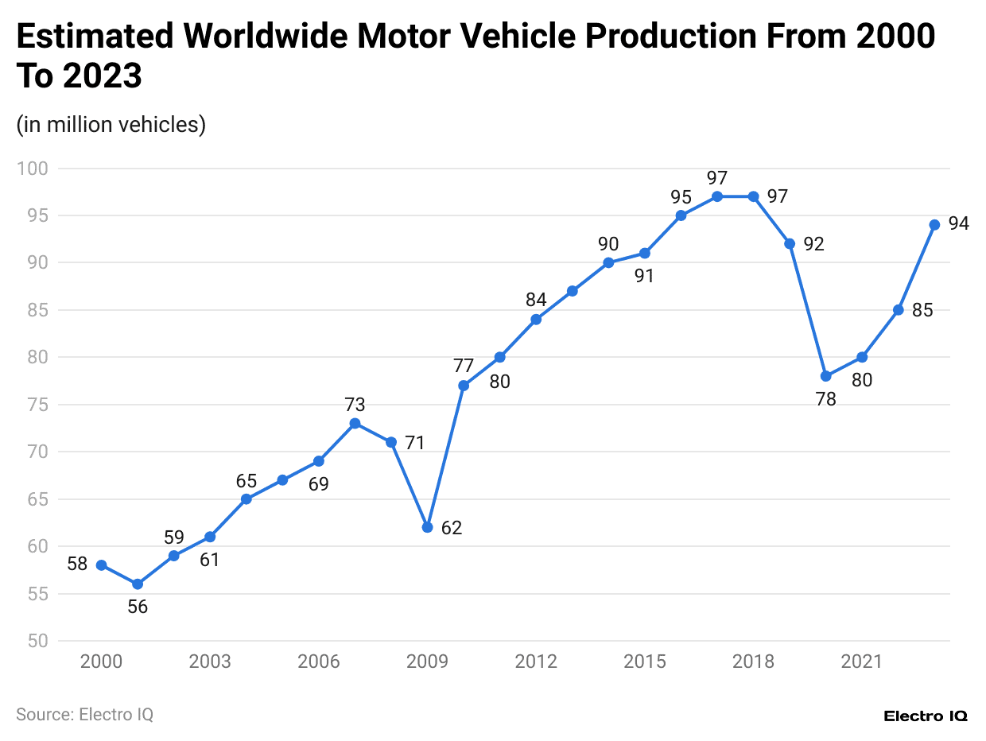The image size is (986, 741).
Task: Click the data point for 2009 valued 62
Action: click(427, 527)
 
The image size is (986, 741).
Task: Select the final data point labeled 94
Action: click(934, 225)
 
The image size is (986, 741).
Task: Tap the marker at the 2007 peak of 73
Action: click(355, 423)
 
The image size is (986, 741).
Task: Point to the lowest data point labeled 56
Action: click(138, 584)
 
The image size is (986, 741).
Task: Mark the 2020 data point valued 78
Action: click(825, 376)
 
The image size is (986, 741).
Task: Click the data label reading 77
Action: click(464, 366)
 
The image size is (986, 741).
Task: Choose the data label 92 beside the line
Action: click(813, 244)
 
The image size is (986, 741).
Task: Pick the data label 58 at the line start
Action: click(77, 565)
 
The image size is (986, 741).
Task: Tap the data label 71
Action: click(414, 443)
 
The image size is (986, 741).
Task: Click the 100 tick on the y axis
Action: click(35, 169)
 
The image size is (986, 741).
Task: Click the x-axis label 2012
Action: click(536, 661)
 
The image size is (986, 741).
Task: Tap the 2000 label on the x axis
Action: click(102, 661)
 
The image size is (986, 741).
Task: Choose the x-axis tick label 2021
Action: click(862, 661)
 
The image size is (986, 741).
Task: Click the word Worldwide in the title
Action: click(264, 37)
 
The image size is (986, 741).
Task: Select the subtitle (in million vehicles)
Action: click(111, 125)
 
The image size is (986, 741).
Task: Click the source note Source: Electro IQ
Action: click(84, 714)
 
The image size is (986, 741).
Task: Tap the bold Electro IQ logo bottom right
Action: click(926, 716)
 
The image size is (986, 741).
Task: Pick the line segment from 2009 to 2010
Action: click(445, 456)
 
